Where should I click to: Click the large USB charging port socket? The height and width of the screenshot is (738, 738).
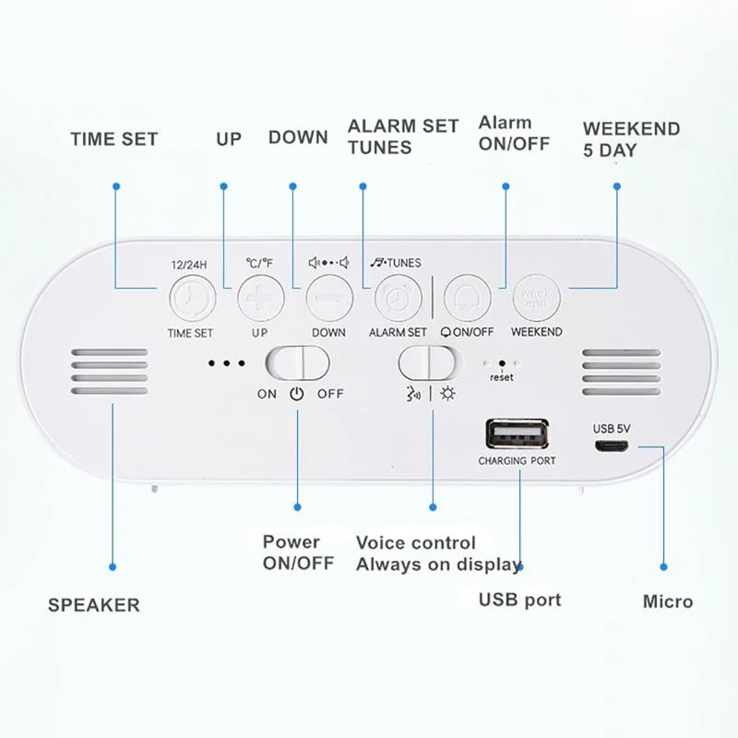(517, 434)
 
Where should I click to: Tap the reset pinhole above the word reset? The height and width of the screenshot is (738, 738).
(501, 364)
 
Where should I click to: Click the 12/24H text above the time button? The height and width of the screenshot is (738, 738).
(191, 264)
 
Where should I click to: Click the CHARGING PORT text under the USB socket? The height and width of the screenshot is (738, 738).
(517, 460)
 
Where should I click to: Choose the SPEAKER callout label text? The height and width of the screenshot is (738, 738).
(94, 605)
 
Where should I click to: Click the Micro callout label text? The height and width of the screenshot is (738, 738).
(668, 601)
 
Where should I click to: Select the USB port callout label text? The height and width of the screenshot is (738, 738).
(519, 600)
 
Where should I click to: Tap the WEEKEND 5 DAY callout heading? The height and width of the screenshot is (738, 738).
(631, 139)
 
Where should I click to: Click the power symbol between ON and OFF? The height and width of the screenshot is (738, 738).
(296, 394)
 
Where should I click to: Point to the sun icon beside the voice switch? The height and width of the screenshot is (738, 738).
(447, 394)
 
